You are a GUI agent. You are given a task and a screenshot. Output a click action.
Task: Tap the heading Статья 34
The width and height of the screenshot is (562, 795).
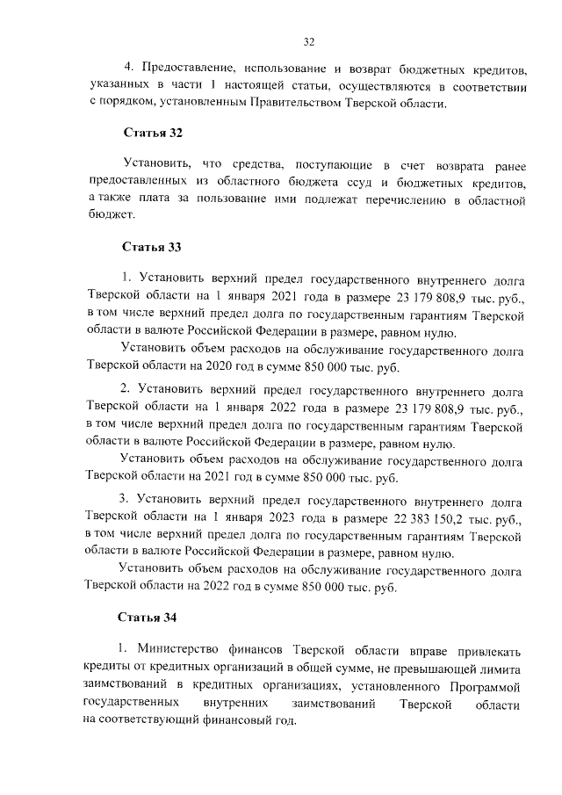click(x=150, y=618)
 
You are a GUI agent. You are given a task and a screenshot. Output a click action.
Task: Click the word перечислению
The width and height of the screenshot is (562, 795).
click(x=374, y=200)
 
